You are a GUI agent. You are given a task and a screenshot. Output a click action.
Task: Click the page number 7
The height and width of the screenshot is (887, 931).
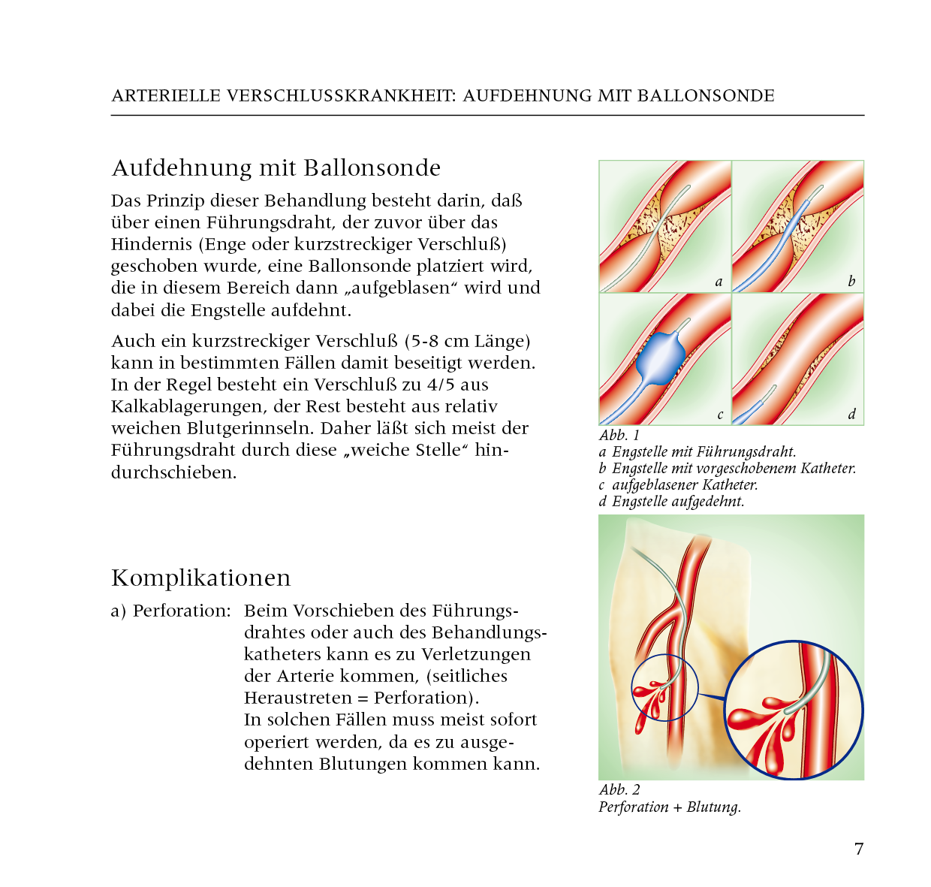click(859, 849)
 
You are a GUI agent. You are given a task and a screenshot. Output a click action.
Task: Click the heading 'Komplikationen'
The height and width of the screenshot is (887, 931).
click(200, 578)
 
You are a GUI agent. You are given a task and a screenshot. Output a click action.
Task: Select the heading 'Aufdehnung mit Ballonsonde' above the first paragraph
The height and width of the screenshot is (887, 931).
click(276, 167)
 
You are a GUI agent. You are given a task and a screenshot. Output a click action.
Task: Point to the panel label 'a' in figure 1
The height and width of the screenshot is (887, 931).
click(719, 282)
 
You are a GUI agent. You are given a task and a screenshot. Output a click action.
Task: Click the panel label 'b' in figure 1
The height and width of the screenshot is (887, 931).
click(851, 282)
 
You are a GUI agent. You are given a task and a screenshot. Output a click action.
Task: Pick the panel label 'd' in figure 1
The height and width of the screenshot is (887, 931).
click(851, 415)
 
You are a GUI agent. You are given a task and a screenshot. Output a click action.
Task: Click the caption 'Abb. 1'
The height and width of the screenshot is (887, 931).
click(619, 436)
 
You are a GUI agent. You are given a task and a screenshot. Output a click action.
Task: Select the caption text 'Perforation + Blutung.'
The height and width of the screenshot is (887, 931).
click(670, 807)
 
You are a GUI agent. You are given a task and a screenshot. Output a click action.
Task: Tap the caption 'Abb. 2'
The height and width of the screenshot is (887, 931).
click(619, 790)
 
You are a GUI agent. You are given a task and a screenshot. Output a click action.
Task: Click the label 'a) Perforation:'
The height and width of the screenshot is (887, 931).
click(171, 611)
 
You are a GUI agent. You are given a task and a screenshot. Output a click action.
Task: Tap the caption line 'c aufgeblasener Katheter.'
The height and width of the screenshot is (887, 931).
click(678, 485)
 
